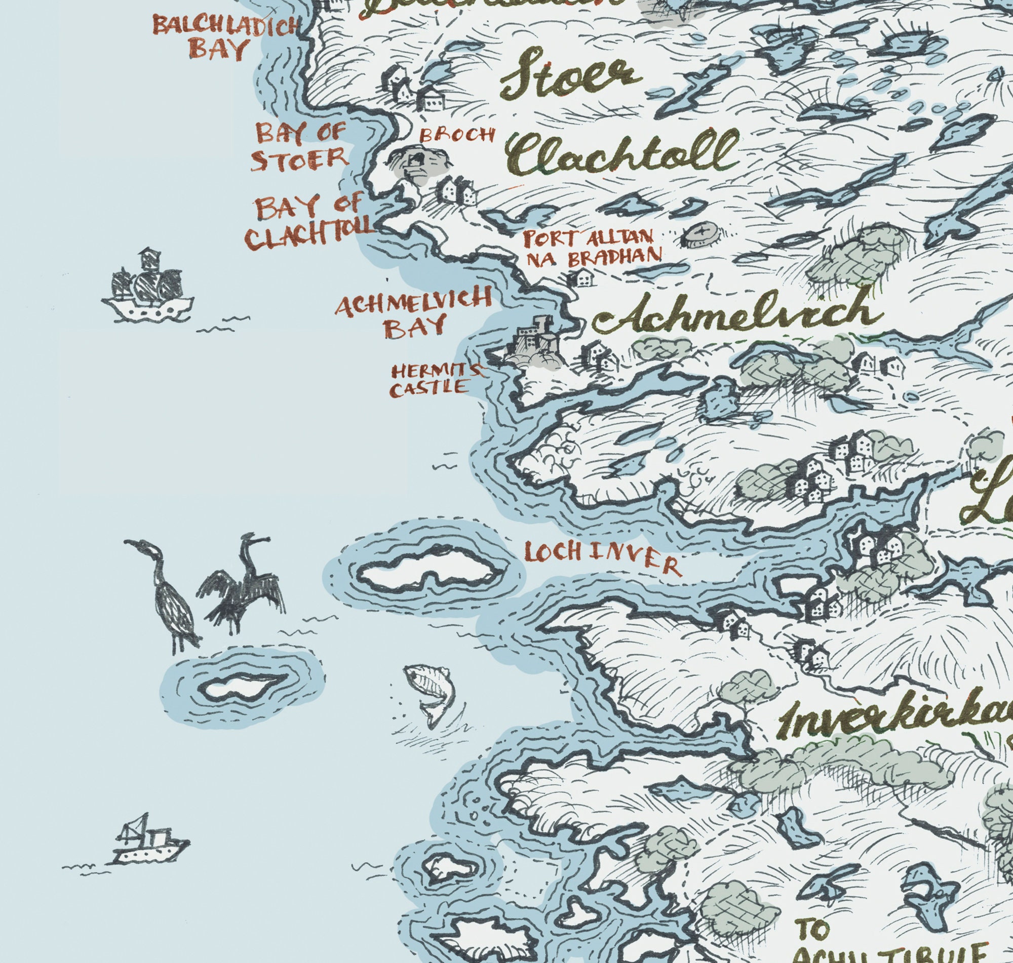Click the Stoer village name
(x=570, y=75)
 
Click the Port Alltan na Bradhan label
(x=591, y=246)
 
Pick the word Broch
(x=457, y=135)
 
